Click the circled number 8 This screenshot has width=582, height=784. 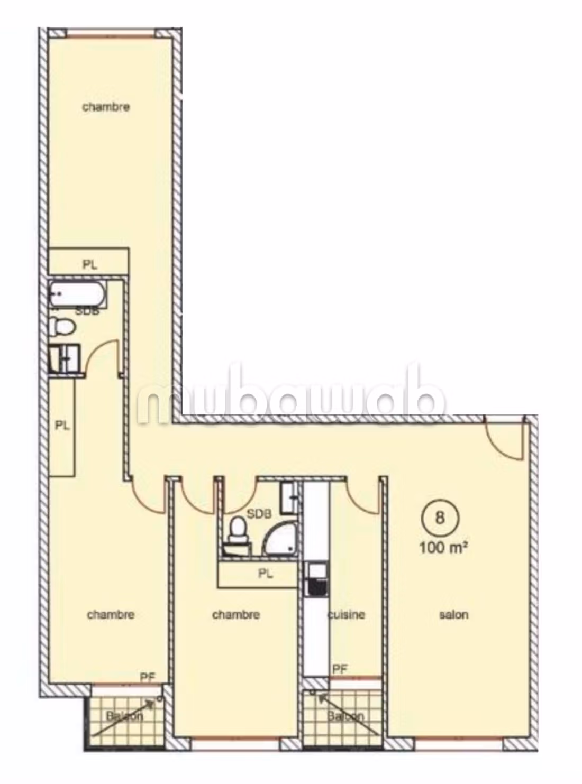pos(440,518)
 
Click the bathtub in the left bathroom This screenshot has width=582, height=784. pos(77,294)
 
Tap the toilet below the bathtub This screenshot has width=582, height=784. pos(61,326)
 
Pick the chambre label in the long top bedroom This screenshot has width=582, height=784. pos(106,107)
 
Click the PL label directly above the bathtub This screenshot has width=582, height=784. pos(90,265)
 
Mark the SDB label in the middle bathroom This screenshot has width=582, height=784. pos(259,514)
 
